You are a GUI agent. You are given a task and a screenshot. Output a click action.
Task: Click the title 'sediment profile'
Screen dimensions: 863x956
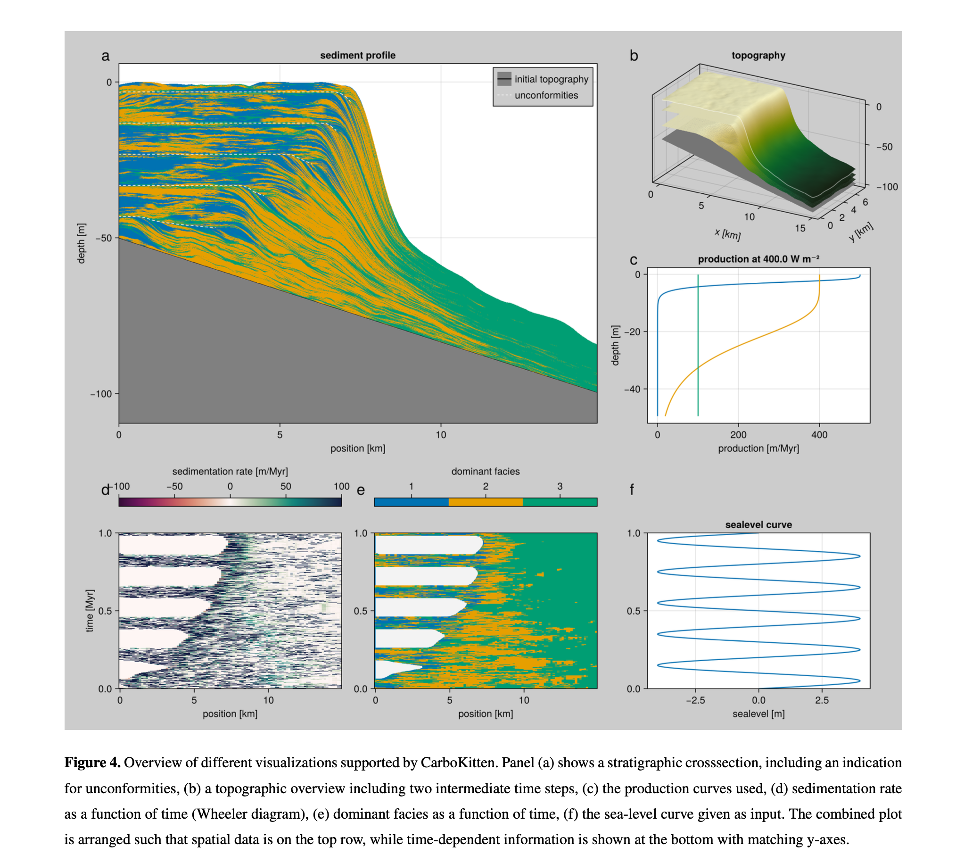point(357,56)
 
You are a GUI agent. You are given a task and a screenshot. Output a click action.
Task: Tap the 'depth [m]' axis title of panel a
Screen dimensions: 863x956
point(82,243)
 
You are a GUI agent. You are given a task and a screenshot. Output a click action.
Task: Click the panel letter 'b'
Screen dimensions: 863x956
point(633,56)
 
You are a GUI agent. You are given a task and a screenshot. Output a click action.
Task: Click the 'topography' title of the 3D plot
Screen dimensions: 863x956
point(758,56)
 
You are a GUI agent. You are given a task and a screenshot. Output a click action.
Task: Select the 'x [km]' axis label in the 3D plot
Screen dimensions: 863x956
point(727,234)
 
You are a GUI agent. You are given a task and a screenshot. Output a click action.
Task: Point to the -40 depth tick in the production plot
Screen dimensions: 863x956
point(632,390)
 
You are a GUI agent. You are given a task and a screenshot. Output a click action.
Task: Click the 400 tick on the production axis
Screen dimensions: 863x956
point(819,434)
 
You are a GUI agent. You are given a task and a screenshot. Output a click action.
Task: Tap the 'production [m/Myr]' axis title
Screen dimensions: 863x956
point(758,448)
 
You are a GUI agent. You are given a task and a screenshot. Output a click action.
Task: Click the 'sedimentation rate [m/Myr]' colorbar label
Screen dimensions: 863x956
point(230,471)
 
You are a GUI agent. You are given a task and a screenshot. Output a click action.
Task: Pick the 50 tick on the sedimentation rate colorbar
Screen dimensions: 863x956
point(285,487)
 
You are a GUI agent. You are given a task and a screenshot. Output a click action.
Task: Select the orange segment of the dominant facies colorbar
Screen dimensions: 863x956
point(486,502)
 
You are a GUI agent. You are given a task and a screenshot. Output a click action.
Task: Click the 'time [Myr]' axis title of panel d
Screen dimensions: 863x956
point(90,610)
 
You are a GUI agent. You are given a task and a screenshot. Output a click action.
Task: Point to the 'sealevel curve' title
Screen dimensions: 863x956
point(758,524)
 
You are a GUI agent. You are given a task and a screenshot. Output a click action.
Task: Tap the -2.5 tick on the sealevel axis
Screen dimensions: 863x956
point(695,700)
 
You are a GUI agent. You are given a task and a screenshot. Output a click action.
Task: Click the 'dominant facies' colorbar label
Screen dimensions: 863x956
point(485,471)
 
